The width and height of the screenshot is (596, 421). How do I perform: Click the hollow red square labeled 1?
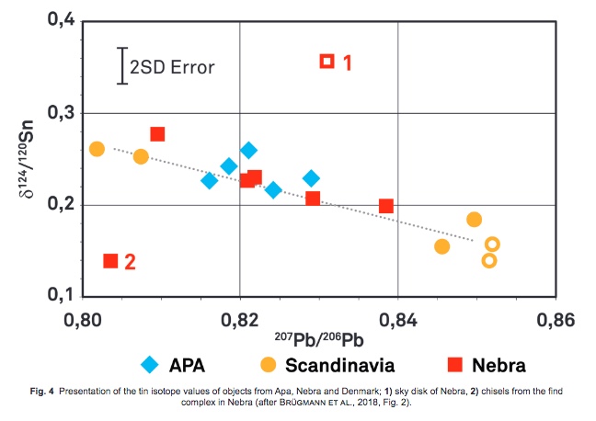[x=327, y=62]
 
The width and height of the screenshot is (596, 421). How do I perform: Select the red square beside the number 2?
[x=110, y=261]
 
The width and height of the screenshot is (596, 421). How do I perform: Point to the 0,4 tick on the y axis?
[x=58, y=21]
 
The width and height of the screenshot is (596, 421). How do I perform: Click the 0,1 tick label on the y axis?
[x=58, y=296]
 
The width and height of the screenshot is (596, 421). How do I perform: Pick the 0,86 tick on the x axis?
[x=556, y=320]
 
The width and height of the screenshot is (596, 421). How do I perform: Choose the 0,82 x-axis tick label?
[x=240, y=320]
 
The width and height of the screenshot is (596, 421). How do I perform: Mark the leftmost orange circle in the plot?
[x=97, y=149]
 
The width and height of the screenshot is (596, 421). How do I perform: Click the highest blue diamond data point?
[x=248, y=150]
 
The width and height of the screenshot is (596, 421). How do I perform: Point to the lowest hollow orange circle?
[x=488, y=260]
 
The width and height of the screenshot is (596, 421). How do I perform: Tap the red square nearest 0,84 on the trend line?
[x=386, y=206]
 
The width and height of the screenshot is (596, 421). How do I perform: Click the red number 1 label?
[x=348, y=63]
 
